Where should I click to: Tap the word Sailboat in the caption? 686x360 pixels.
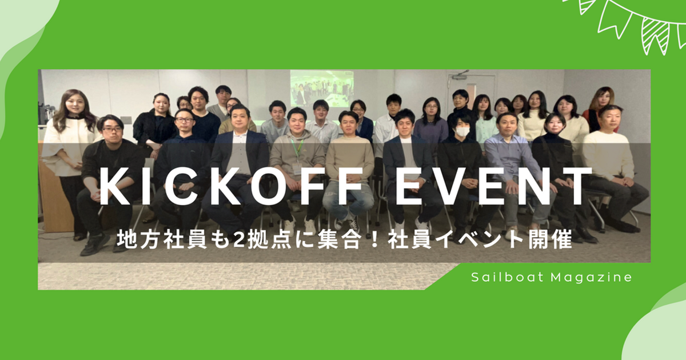508,277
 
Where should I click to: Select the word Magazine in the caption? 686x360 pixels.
592,278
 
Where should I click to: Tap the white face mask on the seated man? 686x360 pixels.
462,132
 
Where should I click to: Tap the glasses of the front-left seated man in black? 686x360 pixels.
113,130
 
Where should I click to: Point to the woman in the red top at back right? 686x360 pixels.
598,107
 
